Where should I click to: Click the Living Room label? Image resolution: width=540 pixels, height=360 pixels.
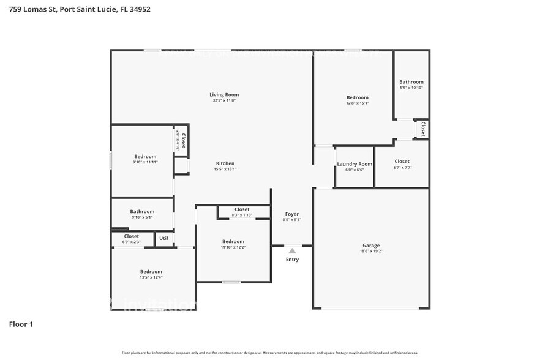click(224, 94)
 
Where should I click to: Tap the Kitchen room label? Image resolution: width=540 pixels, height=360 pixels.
click(225, 163)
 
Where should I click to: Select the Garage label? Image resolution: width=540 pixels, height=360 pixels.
click(371, 246)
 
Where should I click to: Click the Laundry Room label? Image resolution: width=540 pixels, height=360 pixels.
click(354, 164)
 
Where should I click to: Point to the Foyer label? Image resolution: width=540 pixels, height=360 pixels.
click(291, 214)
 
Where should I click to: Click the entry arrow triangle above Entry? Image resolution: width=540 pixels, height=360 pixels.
click(292, 250)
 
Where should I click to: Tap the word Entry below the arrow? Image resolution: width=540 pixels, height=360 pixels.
click(292, 260)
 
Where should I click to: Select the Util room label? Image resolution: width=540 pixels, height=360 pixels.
click(163, 238)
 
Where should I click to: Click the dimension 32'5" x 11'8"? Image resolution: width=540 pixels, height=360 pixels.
click(224, 100)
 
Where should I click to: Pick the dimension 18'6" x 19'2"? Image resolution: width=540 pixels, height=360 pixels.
click(371, 252)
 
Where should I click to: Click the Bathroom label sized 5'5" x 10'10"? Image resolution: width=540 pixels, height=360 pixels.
click(411, 82)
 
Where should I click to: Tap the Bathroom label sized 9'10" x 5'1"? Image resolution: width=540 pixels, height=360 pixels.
click(142, 211)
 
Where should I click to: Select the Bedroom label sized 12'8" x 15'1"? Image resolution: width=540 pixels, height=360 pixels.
click(357, 97)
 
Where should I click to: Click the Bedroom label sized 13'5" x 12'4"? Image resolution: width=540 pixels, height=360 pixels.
click(151, 271)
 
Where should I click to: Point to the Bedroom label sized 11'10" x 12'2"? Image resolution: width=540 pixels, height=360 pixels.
click(233, 241)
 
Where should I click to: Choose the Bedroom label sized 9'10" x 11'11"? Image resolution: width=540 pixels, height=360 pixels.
click(145, 156)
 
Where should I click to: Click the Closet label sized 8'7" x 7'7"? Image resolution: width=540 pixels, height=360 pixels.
click(402, 162)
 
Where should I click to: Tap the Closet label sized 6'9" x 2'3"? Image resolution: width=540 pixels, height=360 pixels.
click(132, 236)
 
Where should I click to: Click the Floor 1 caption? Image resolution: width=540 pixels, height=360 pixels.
click(21, 324)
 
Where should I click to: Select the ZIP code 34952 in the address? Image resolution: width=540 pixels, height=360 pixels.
click(138, 9)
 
